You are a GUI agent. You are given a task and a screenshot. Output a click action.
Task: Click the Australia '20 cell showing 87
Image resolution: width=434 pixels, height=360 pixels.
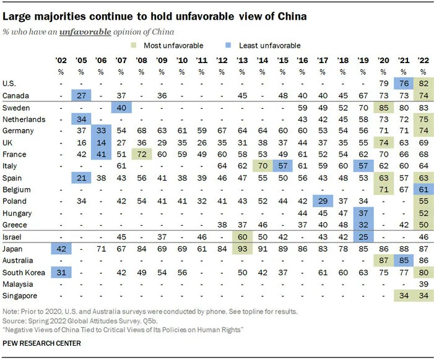[384, 260]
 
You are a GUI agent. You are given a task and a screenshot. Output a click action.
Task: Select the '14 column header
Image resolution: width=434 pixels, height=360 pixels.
[263, 61]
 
